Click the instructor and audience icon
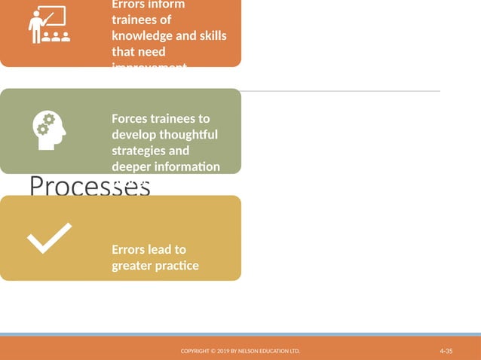(x=47, y=26)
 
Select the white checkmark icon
(x=49, y=238)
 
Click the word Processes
(x=90, y=187)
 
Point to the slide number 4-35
(x=446, y=352)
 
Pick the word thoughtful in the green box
(x=188, y=135)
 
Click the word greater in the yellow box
(x=131, y=265)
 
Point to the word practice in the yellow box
(x=176, y=265)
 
